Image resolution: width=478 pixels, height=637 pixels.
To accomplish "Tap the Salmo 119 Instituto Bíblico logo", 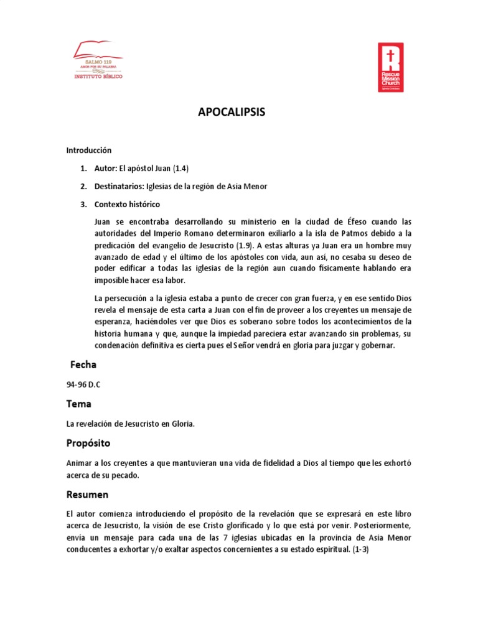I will pyautogui.click(x=99, y=60).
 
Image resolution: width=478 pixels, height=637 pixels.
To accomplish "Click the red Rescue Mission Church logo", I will pyautogui.click(x=391, y=67).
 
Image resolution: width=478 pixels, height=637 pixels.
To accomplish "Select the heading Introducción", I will pyautogui.click(x=89, y=150).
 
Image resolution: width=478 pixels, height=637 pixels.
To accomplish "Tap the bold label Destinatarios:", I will pyautogui.click(x=119, y=187).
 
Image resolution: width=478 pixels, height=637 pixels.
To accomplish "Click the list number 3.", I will pyautogui.click(x=83, y=205).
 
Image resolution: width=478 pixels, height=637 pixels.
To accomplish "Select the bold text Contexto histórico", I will pyautogui.click(x=127, y=205).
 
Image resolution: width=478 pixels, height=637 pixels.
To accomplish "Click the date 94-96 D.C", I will pyautogui.click(x=83, y=385).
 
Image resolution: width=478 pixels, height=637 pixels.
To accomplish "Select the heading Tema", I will pyautogui.click(x=79, y=404).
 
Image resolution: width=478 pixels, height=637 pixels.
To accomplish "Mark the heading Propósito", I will pyautogui.click(x=88, y=444).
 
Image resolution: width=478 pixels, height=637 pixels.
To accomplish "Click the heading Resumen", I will pyautogui.click(x=87, y=495).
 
